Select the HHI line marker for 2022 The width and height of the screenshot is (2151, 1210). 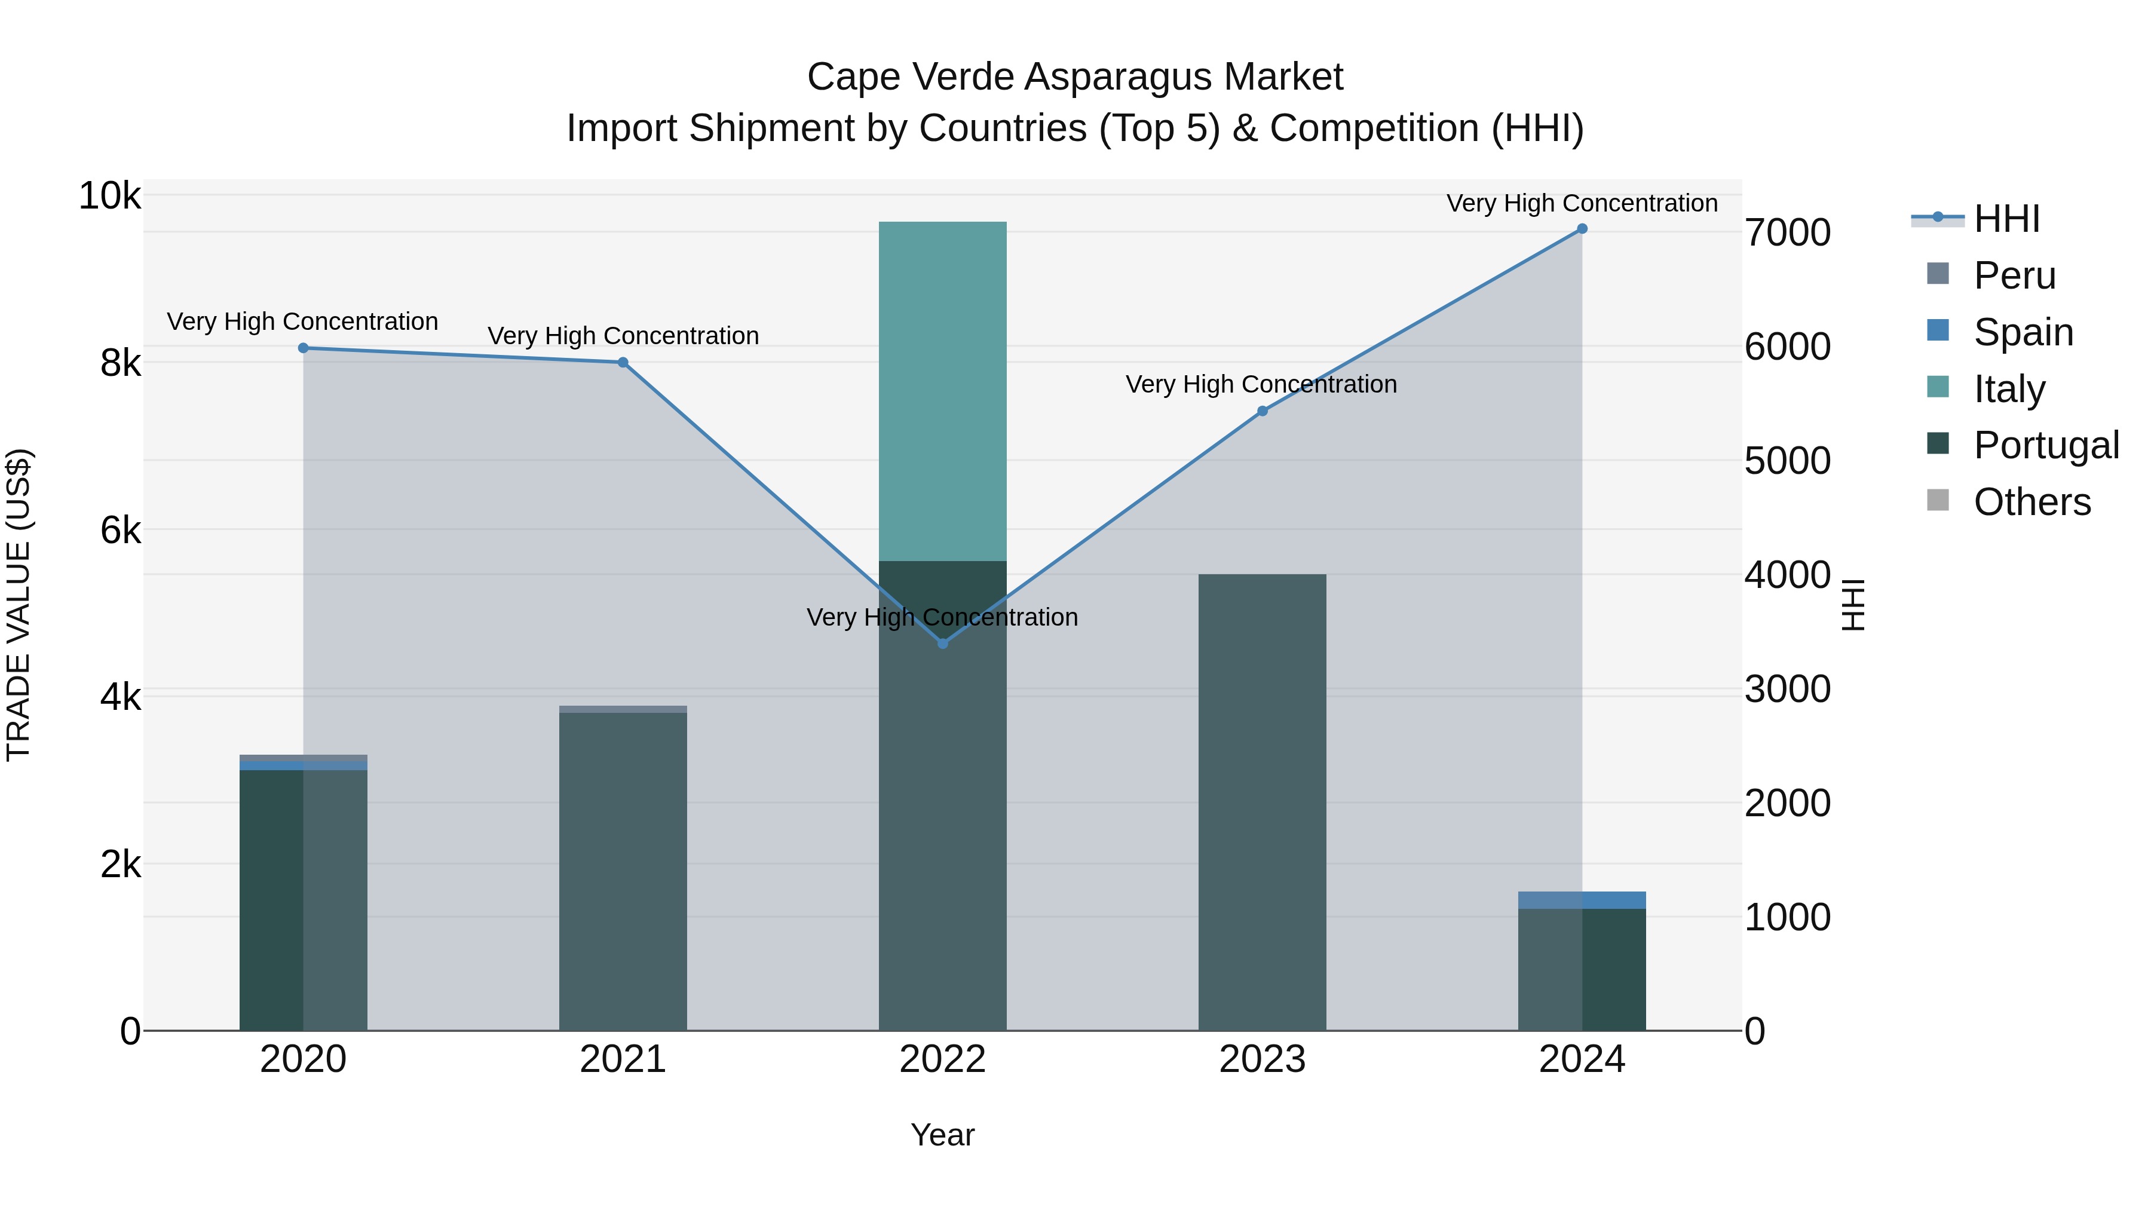pyautogui.click(x=943, y=644)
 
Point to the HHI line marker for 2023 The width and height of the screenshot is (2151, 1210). pyautogui.click(x=1263, y=411)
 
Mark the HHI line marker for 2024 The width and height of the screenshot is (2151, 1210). pyautogui.click(x=1582, y=229)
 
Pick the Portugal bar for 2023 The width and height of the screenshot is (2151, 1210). pyautogui.click(x=1263, y=802)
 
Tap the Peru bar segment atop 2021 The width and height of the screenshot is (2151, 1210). pyautogui.click(x=623, y=709)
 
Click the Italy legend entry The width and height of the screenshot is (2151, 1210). pyautogui.click(x=2008, y=389)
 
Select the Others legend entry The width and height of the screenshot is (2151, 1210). pyautogui.click(x=2031, y=502)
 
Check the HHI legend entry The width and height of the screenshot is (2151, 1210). pyautogui.click(x=2006, y=219)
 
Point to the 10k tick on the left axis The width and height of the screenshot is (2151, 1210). pyautogui.click(x=109, y=196)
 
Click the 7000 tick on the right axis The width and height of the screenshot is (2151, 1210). pyautogui.click(x=1788, y=233)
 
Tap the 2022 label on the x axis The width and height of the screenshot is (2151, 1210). pyautogui.click(x=943, y=1059)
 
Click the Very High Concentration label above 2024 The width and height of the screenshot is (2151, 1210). pyautogui.click(x=1582, y=203)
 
